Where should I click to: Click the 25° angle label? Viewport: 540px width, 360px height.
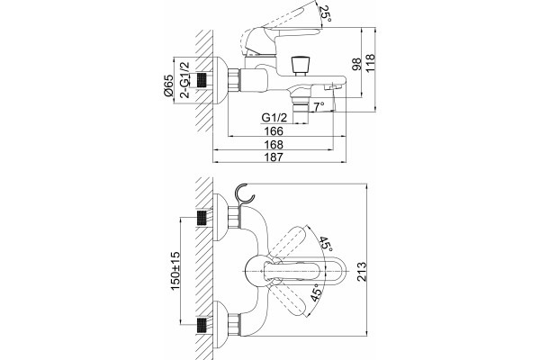coord(325,13)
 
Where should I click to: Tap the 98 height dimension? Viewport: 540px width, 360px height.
coord(356,65)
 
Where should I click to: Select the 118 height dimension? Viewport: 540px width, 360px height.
coord(370,63)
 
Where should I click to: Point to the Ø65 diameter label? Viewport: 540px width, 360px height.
coord(168,85)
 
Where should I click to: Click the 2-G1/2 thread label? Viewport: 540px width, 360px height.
coord(184,80)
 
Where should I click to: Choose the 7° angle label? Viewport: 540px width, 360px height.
coord(319,107)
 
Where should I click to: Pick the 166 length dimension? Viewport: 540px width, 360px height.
coord(274,130)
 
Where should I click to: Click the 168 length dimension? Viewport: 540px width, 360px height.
coord(274,144)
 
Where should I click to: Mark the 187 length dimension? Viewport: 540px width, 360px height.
coord(274,157)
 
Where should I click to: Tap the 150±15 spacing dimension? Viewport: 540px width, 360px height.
coord(175,271)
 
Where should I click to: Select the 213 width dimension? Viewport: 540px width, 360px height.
coord(362,272)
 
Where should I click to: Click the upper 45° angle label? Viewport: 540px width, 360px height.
coord(326,244)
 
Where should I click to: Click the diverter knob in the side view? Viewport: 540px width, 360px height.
coord(300,66)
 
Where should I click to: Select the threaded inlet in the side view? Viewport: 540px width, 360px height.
coord(202,81)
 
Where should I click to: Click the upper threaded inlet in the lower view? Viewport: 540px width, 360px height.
coord(202,218)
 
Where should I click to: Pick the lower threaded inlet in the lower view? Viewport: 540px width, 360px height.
coord(202,326)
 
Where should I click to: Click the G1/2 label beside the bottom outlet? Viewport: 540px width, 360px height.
coord(274,118)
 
